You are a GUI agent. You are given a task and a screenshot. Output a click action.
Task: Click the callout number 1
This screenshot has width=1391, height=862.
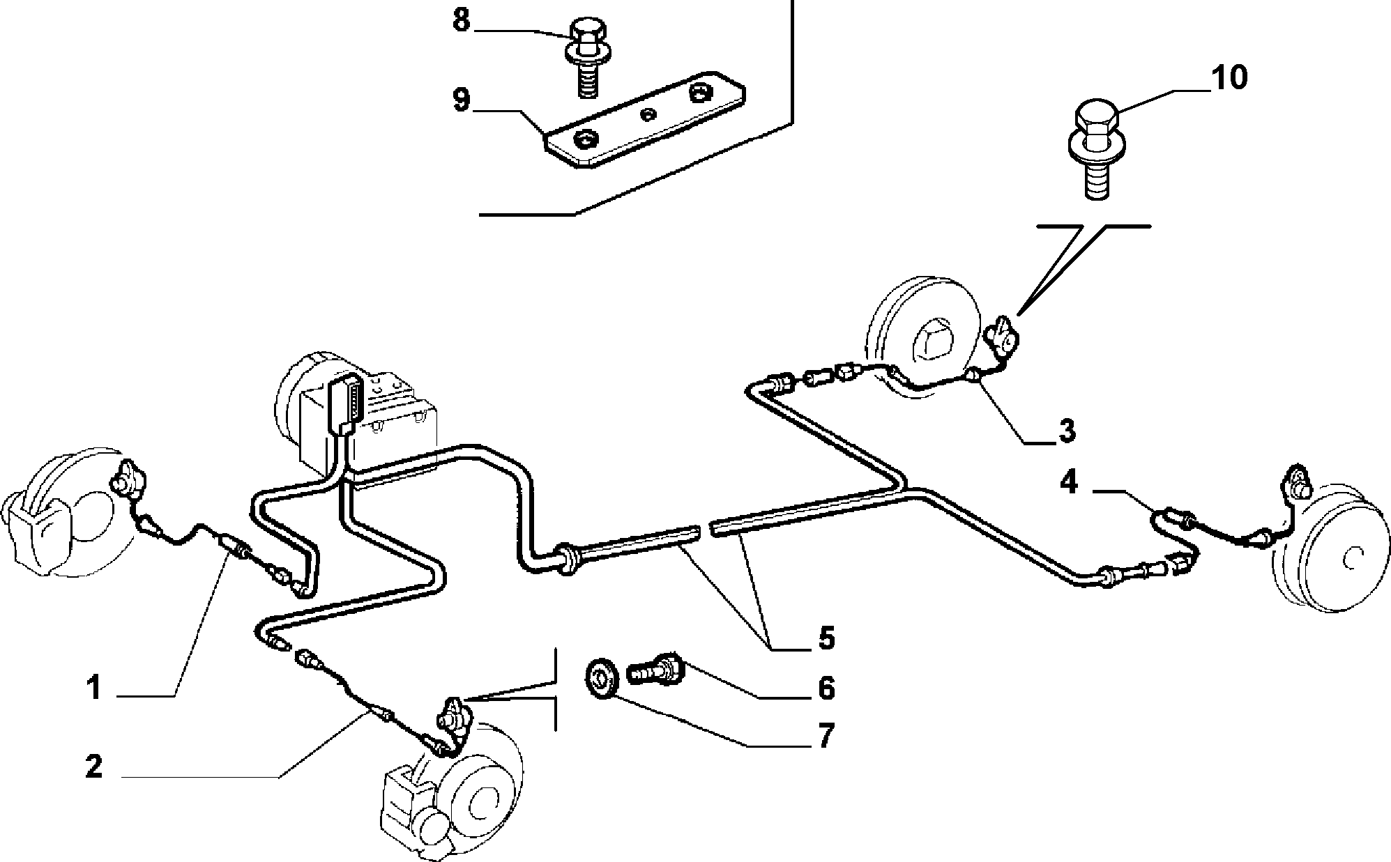(94, 689)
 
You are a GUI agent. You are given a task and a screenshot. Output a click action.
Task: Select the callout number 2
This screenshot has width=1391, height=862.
(94, 767)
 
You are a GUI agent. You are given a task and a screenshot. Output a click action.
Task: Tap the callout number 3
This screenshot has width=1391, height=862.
(1067, 431)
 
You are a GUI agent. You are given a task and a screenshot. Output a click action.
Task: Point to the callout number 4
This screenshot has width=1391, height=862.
(1069, 482)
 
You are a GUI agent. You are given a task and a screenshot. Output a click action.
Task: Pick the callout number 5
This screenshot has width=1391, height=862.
(826, 638)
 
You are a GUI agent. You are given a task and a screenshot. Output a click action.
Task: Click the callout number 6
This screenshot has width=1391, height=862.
(826, 688)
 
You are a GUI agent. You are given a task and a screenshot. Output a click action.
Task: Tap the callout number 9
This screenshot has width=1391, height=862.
(462, 100)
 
